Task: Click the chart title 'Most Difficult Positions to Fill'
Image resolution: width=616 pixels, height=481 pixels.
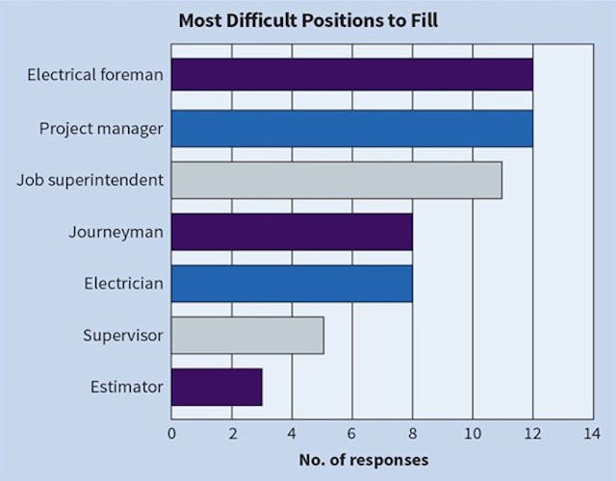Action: tap(308, 19)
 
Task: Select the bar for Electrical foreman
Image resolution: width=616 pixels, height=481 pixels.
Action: tap(351, 75)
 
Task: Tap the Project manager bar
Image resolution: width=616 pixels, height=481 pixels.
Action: tap(351, 127)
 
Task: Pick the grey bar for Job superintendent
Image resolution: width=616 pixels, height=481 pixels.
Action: tap(337, 179)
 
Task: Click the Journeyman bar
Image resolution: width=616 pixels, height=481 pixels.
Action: tap(292, 232)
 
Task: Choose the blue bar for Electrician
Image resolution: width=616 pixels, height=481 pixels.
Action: tap(292, 284)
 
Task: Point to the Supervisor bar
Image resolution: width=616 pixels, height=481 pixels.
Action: tap(247, 336)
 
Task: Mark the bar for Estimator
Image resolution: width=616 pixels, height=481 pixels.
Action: tap(217, 388)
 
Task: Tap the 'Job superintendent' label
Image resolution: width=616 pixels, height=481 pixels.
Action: tap(90, 179)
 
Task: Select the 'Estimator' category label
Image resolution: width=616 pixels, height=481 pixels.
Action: tap(128, 388)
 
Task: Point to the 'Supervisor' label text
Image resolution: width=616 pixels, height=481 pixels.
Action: tap(123, 336)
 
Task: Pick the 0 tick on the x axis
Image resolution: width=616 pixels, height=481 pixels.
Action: tap(172, 433)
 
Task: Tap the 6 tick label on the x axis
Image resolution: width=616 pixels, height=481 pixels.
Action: tap(352, 433)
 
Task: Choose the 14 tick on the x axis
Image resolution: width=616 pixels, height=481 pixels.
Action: tap(592, 433)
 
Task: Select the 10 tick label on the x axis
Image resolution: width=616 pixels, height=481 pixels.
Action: tap(473, 433)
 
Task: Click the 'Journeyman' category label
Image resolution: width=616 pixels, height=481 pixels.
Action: tap(115, 232)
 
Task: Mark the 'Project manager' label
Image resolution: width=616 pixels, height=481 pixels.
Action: tap(101, 127)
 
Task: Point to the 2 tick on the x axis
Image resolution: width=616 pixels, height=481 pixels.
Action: tap(232, 433)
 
